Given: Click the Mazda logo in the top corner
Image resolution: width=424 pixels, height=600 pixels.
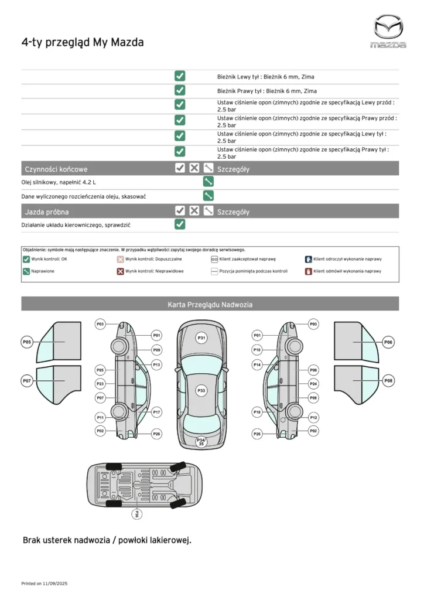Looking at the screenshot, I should coord(389,31).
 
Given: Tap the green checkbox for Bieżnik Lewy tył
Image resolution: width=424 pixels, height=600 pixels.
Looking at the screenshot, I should coord(180,76).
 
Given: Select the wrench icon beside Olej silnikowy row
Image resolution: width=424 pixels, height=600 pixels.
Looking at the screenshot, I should coord(208,182).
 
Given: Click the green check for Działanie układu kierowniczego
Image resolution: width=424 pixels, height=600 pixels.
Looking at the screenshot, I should coord(180,224).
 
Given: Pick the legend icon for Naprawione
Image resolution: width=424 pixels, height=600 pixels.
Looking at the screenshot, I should coord(26,271).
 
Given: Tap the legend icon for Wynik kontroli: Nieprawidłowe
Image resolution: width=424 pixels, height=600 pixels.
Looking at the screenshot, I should coord(120,271).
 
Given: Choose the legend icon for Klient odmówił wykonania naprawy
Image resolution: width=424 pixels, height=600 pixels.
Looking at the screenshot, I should coord(308,271).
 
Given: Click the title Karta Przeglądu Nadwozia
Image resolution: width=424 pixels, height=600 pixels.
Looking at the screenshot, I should coord(210,304).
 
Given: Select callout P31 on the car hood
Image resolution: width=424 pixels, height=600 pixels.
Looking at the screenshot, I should coord(201,338).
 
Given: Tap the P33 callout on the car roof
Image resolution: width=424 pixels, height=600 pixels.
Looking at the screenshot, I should coord(201,390).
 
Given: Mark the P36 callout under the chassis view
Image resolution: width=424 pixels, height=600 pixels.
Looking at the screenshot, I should coord(137,514).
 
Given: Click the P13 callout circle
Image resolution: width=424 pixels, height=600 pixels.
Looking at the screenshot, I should coord(156,364).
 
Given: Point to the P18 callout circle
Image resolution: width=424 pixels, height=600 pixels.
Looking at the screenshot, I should coord(257,412).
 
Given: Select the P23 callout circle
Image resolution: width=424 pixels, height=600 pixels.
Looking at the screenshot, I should coord(100,384).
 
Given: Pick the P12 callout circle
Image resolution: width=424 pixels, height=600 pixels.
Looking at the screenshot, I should coord(313,417).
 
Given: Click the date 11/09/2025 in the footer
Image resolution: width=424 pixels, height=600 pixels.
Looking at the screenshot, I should coord(56,584).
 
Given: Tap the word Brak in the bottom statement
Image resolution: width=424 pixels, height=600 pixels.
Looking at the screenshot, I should coord(33,540).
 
